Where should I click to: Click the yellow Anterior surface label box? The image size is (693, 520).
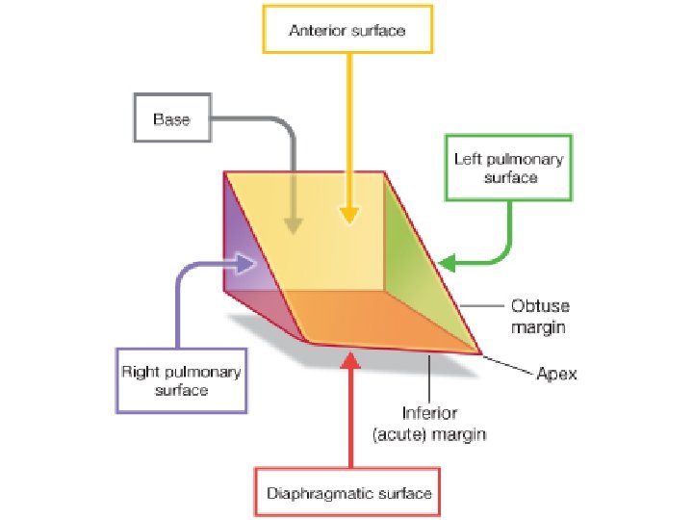pos(347,31)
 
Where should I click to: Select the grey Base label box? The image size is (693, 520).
pos(171,120)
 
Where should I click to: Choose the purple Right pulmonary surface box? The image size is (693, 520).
pos(180,380)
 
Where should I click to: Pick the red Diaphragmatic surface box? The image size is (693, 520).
pos(348,494)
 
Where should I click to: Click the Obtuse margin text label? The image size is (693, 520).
pos(539,317)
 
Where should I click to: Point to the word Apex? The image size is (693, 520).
pos(556,374)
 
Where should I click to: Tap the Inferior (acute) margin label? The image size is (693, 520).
pos(429,425)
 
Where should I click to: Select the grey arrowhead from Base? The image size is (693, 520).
pos(294,224)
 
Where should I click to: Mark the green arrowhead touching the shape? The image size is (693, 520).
pos(449,261)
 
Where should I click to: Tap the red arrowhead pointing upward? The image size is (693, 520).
pos(350,361)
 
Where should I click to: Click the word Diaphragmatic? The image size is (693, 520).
pos(319,494)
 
